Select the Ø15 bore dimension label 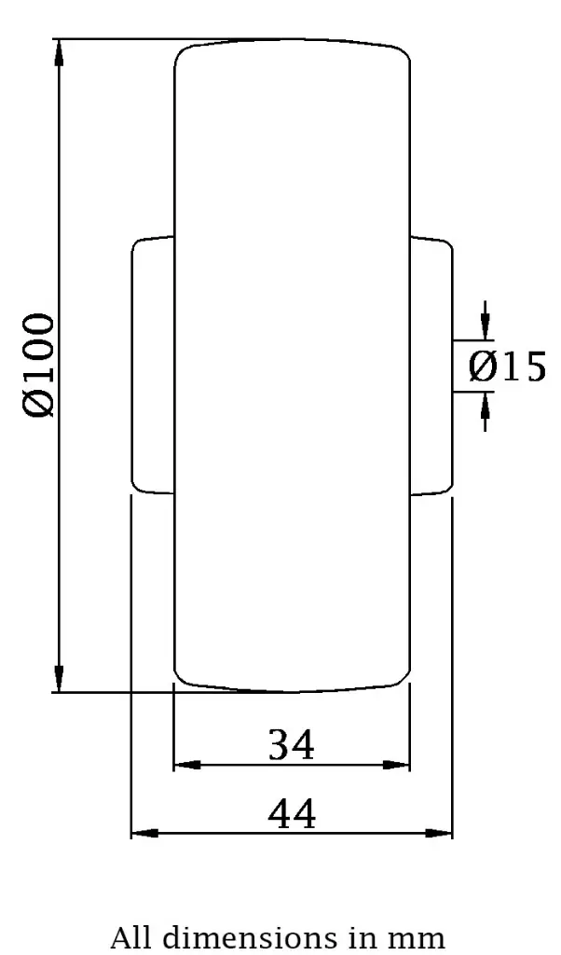(507, 367)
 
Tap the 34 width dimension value (292, 745)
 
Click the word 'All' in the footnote (130, 936)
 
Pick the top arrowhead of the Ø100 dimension (60, 50)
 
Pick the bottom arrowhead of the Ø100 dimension (60, 680)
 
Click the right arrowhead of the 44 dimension (440, 832)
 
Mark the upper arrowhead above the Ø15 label (485, 325)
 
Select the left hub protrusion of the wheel (153, 365)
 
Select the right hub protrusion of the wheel (431, 365)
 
